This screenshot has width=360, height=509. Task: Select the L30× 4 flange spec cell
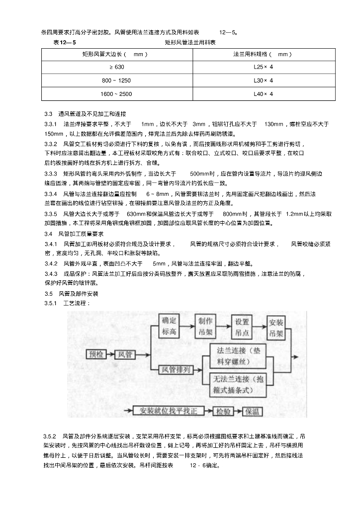tap(263, 80)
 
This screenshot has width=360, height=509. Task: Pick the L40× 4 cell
tap(263, 93)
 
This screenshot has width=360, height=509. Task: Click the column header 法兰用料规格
tap(263, 54)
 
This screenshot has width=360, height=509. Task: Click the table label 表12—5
tap(65, 43)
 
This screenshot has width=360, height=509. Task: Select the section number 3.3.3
tap(51, 174)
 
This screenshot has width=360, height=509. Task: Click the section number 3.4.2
tap(51, 263)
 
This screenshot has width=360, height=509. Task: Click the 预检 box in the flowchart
tap(96, 354)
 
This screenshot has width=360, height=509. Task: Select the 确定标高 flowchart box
tap(170, 326)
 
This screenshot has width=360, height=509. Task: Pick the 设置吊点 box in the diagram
tap(243, 326)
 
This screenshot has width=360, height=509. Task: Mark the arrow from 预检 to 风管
tap(110, 354)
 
